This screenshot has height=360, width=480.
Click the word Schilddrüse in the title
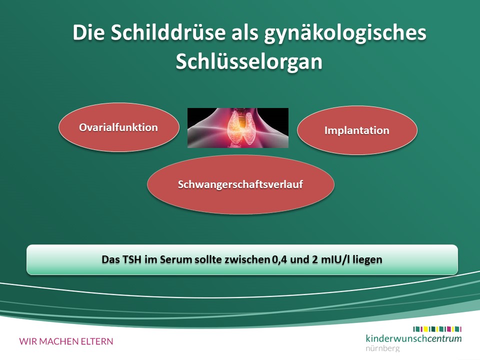[x=168, y=32]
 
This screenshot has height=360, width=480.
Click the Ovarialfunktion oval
[x=119, y=127]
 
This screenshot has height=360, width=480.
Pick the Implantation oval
[x=357, y=130]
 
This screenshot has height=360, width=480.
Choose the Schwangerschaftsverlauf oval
[x=240, y=184]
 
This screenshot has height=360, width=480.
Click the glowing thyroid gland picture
[x=238, y=128]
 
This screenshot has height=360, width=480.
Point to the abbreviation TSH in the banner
[x=132, y=259]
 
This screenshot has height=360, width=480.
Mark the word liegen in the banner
[x=367, y=260]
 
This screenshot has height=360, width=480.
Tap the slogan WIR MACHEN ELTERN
[x=66, y=341]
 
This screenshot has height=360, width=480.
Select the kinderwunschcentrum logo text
[x=413, y=338]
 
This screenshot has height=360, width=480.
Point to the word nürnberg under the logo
[x=382, y=348]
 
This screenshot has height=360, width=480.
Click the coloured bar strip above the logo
[x=437, y=329]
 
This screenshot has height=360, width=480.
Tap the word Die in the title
[x=88, y=32]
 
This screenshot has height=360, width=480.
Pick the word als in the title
[x=244, y=32]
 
